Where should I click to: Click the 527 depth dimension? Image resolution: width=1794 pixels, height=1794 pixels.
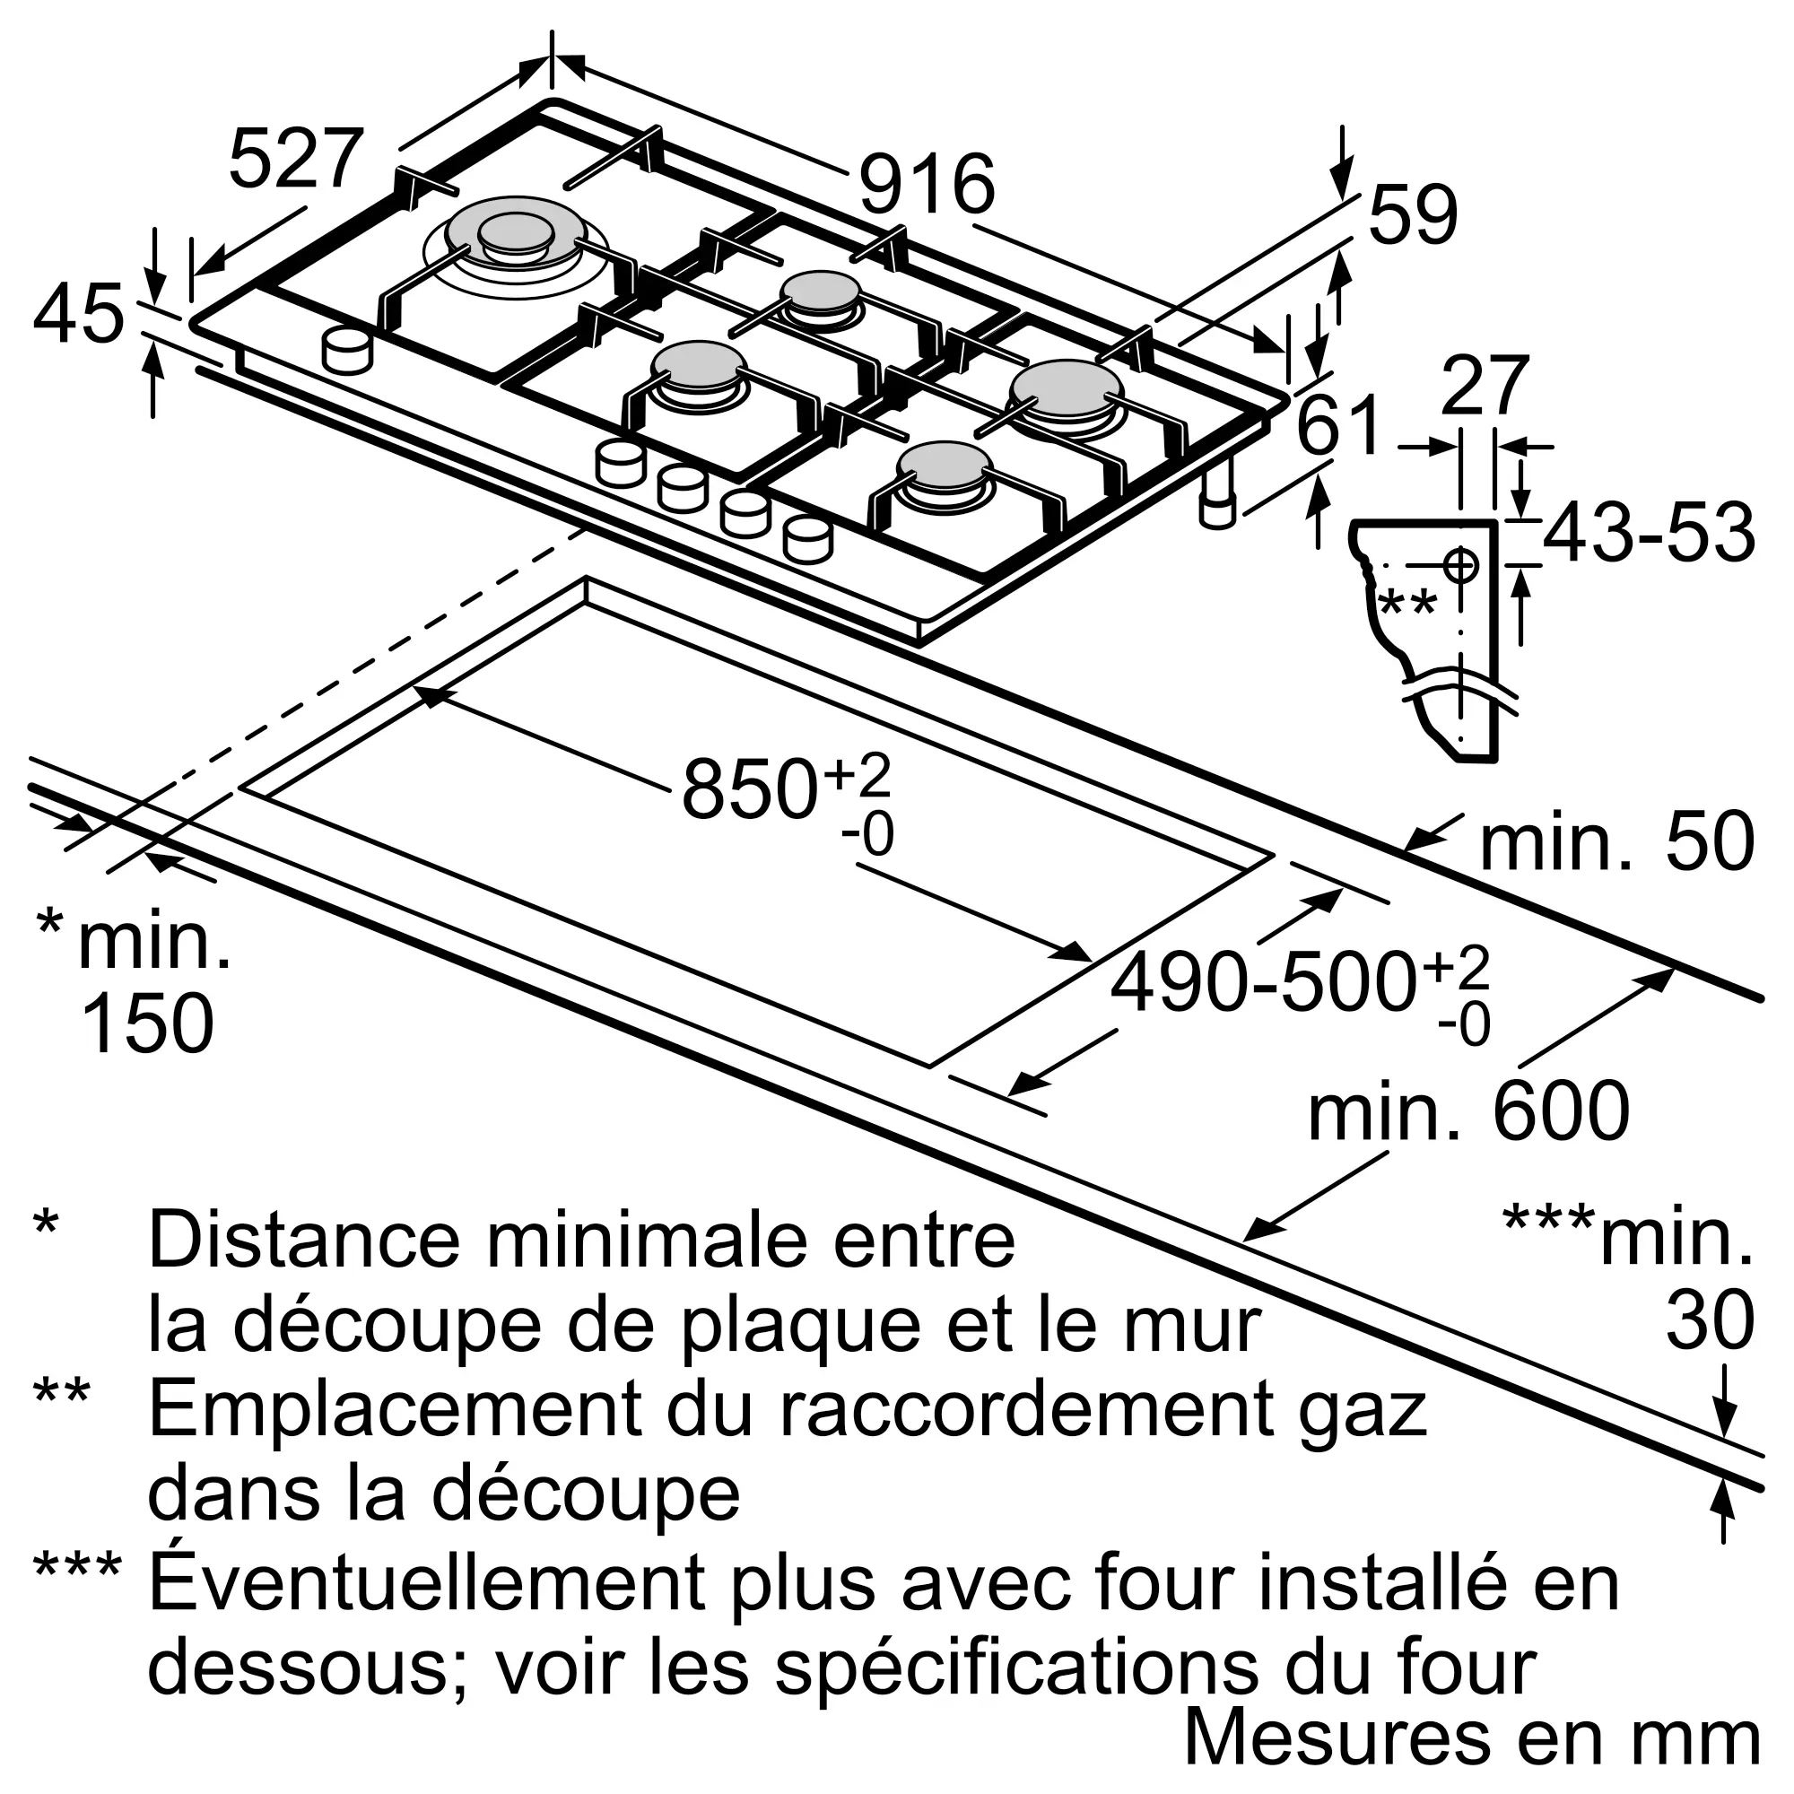click(295, 160)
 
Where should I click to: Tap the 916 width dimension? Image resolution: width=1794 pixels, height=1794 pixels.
click(926, 185)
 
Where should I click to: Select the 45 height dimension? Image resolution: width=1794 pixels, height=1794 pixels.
click(78, 315)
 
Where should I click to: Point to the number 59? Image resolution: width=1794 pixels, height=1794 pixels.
click(1413, 215)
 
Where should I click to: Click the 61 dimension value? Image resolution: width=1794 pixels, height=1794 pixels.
click(1338, 425)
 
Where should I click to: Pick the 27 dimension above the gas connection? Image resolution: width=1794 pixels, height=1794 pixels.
click(1484, 387)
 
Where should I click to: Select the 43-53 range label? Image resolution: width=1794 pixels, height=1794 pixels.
click(1648, 533)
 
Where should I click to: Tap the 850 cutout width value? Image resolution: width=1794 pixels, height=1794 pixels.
click(750, 789)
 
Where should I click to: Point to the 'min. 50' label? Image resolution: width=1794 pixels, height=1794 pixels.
click(1616, 842)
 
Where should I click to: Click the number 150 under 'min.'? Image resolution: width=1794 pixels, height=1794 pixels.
click(148, 1023)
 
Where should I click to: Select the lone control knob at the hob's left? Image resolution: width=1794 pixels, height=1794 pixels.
click(347, 351)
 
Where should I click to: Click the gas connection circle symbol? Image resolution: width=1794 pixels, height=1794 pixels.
click(1459, 563)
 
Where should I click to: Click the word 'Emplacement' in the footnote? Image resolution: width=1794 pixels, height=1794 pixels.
click(394, 1410)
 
